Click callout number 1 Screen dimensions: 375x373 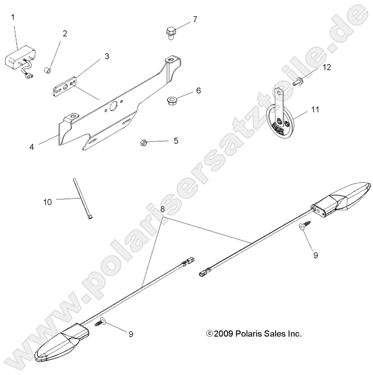click(x=13, y=17)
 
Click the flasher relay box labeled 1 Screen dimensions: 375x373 click(x=19, y=60)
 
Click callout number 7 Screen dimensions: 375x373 click(x=195, y=19)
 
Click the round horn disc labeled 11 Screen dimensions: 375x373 click(x=279, y=124)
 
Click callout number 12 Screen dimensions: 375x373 click(x=327, y=67)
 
